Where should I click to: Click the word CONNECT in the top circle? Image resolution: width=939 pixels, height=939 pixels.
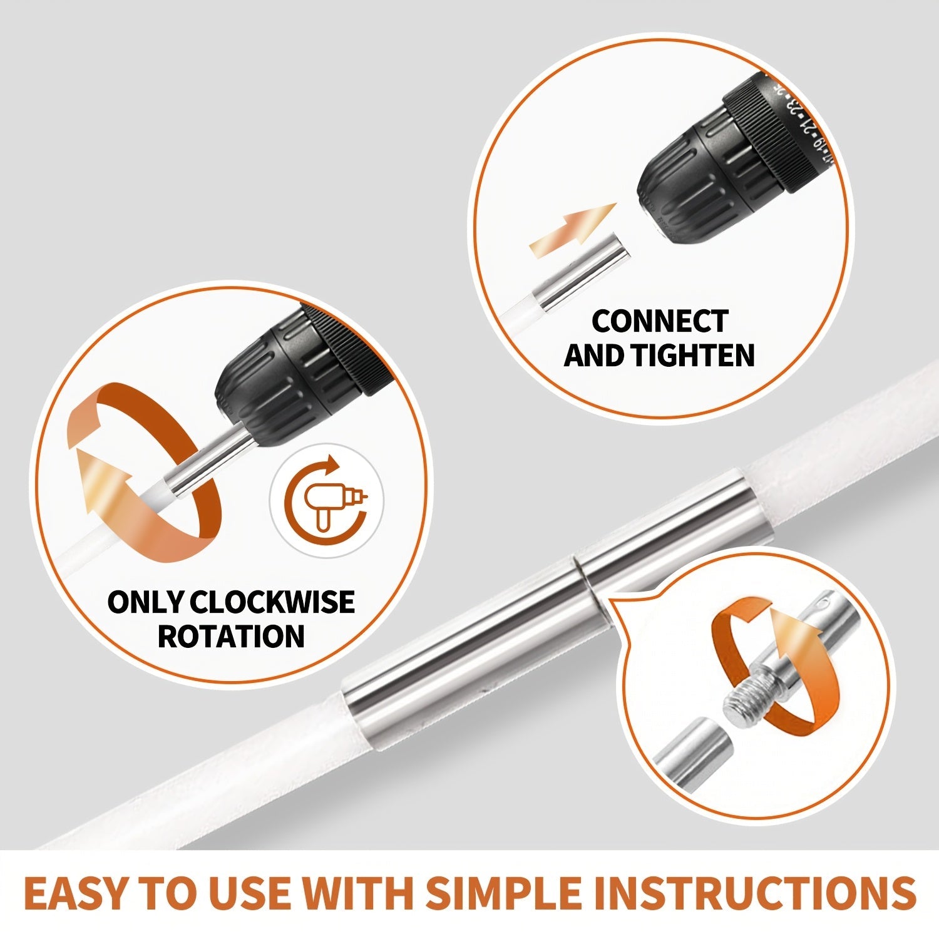click(659, 322)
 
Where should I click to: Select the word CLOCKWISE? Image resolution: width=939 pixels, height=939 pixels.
click(272, 602)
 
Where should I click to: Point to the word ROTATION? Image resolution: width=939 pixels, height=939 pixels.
click(230, 636)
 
